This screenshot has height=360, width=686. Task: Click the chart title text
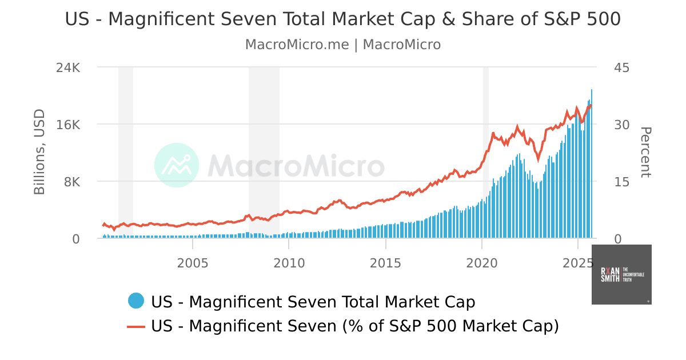pyautogui.click(x=342, y=19)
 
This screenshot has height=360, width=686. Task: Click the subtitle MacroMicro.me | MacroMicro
pyautogui.click(x=342, y=45)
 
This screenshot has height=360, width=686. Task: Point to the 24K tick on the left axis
pyautogui.click(x=68, y=67)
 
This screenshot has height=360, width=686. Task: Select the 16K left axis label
pyautogui.click(x=68, y=125)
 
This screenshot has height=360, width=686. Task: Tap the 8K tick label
pyautogui.click(x=71, y=182)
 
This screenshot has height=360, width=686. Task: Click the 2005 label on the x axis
pyautogui.click(x=193, y=264)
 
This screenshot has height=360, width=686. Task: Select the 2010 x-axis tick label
pyautogui.click(x=289, y=264)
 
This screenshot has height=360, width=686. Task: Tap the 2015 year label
pyautogui.click(x=385, y=264)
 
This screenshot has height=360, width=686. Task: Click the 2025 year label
pyautogui.click(x=577, y=264)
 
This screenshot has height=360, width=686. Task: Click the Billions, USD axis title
pyautogui.click(x=39, y=151)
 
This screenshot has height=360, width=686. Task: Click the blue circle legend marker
pyautogui.click(x=136, y=301)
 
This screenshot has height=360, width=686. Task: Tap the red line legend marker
pyautogui.click(x=136, y=326)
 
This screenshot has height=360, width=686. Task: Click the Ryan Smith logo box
pyautogui.click(x=621, y=274)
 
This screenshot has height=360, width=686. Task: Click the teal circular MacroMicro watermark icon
pyautogui.click(x=177, y=165)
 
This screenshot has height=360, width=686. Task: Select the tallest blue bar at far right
pyautogui.click(x=592, y=166)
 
